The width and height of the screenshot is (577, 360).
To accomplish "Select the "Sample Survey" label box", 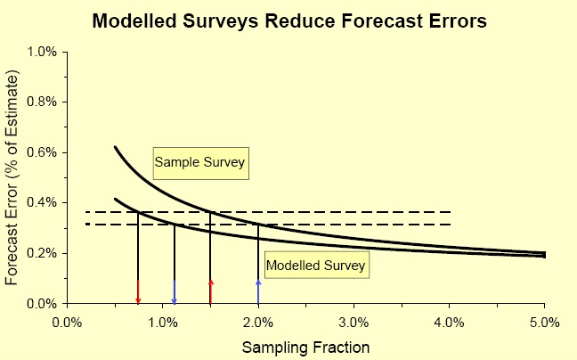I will click(199, 162).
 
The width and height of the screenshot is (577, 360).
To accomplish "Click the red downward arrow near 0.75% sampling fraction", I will click(138, 291).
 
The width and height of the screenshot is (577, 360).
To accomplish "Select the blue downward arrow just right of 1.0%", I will click(175, 291).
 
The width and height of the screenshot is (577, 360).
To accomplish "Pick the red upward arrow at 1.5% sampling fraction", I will click(210, 290).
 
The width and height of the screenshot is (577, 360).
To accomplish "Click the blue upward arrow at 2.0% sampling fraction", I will click(258, 290).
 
